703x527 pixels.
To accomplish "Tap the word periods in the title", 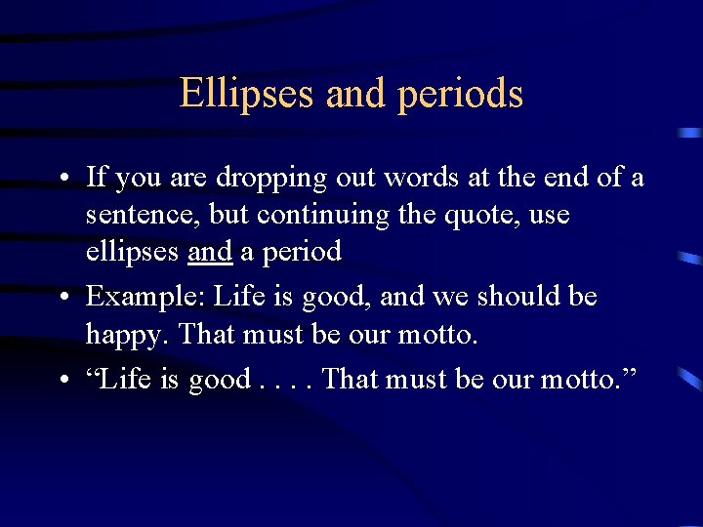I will click(461, 94).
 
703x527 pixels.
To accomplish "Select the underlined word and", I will click(210, 252).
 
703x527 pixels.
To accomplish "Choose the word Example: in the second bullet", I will click(145, 297).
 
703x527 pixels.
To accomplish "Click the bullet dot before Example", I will click(62, 298).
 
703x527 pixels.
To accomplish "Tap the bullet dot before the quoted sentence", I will click(62, 380).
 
